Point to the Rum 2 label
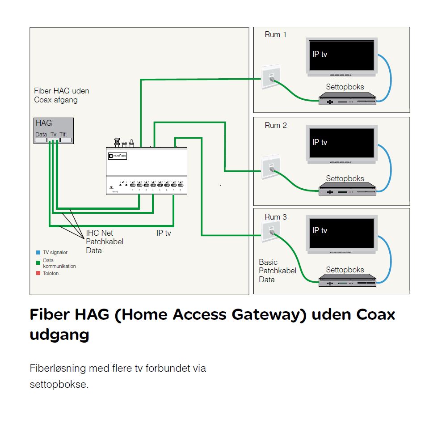(275, 125)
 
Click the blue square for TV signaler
(38, 253)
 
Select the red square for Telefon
(38, 273)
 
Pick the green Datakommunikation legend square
(38, 263)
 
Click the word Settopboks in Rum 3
(345, 270)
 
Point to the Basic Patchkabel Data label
(278, 271)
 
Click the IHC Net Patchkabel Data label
(105, 242)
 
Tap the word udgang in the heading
(59, 335)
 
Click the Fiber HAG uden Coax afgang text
(62, 95)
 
